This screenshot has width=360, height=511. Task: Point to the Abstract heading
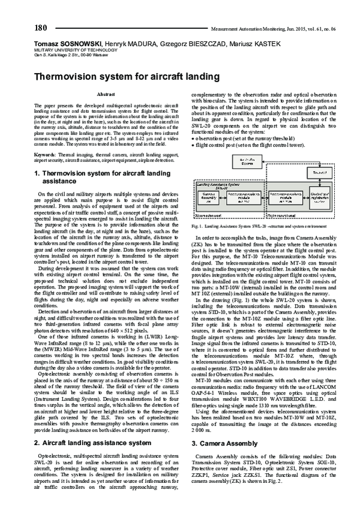tap(106, 95)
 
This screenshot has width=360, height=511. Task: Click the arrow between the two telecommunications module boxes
tap(260, 197)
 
